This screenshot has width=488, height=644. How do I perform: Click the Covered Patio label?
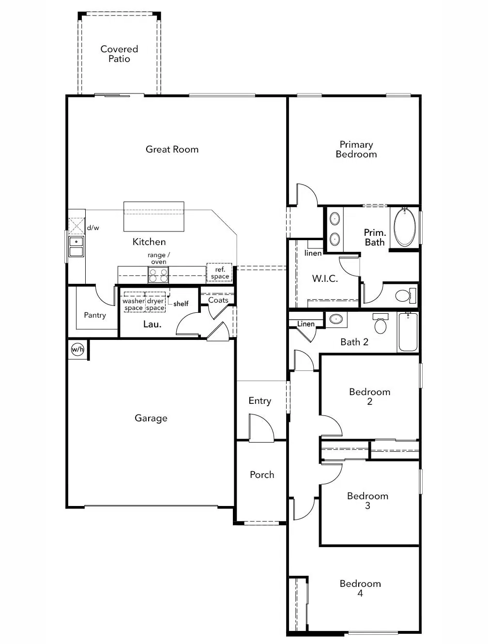click(x=119, y=54)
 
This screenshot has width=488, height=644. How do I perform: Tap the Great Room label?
click(x=172, y=149)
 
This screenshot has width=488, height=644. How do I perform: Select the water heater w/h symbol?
click(x=77, y=349)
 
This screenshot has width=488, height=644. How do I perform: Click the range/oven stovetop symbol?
click(x=158, y=276)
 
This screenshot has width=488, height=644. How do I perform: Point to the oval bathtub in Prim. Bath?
click(x=405, y=227)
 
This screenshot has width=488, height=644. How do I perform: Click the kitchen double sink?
click(x=76, y=246)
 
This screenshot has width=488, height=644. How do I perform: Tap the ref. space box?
click(x=220, y=273)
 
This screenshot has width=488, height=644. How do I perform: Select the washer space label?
click(x=134, y=304)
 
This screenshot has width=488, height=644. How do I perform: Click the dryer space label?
click(x=155, y=304)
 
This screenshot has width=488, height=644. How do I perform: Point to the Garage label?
click(x=151, y=418)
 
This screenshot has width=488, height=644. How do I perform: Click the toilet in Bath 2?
click(x=381, y=324)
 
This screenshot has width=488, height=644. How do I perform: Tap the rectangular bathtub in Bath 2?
click(x=408, y=332)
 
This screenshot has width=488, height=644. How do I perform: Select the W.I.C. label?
click(x=325, y=278)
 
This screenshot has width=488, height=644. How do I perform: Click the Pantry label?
click(x=95, y=315)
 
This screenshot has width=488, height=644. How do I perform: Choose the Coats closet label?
click(x=218, y=300)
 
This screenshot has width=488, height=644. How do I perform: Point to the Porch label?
click(x=262, y=475)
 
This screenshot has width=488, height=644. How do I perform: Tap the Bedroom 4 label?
click(x=360, y=588)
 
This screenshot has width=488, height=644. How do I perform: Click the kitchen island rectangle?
click(x=154, y=216)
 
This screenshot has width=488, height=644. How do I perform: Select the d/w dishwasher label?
click(x=93, y=228)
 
